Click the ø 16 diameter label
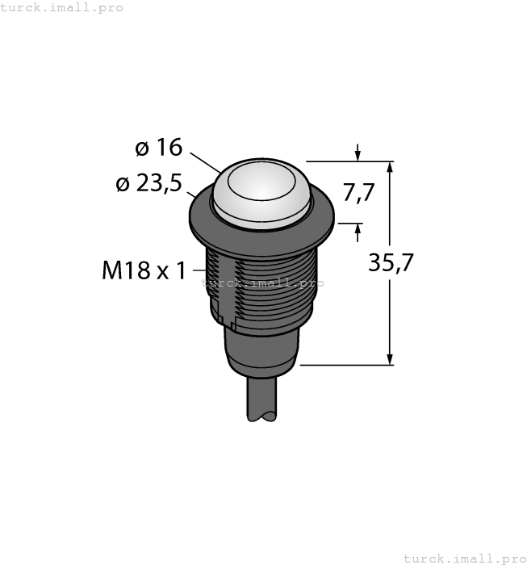(x=158, y=148)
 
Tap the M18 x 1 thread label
(x=142, y=271)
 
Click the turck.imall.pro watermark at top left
(x=62, y=7)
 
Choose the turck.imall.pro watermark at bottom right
(x=464, y=558)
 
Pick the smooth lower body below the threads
(x=260, y=351)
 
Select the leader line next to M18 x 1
(x=198, y=272)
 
